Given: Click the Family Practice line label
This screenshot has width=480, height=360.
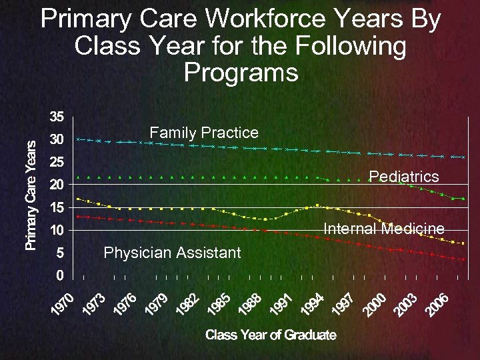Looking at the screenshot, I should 203,132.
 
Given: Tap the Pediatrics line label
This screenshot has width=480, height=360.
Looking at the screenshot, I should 404,176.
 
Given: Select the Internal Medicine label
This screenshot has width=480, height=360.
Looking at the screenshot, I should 383,229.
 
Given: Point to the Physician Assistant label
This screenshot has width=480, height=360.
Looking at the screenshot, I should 172,252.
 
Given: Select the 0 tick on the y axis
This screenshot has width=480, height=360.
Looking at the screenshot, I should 59,275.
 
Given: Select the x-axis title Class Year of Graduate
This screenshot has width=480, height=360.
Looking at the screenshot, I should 271,335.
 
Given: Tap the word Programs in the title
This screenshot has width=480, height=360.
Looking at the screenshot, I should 241,72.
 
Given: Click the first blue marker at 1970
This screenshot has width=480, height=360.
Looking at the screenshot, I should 79,139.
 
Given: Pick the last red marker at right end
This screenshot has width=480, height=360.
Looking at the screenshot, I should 463,259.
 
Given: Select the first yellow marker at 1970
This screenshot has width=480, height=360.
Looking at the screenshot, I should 79,199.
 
